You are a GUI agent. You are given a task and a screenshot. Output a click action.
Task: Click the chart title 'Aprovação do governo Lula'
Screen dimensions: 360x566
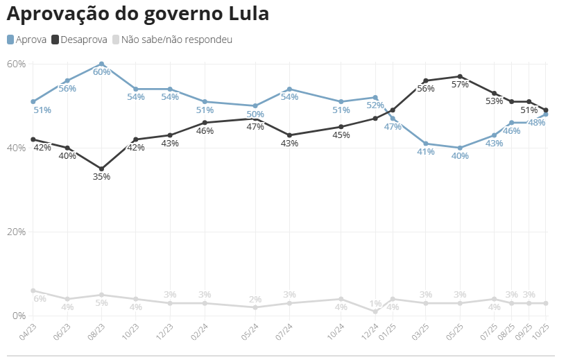137,14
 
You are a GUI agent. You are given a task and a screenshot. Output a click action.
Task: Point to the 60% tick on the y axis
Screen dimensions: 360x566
16,64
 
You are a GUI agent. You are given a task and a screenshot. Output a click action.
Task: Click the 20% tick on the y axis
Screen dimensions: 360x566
16,232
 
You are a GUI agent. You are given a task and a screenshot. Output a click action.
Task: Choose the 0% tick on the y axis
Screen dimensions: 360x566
18,316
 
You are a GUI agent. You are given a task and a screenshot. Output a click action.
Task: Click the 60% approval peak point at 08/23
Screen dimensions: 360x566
101,64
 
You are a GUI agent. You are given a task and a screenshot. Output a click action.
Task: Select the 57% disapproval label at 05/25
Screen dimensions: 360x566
460,85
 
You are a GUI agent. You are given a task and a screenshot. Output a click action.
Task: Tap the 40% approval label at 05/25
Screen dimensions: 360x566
460,155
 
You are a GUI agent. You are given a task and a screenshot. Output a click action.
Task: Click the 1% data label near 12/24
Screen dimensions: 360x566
375,303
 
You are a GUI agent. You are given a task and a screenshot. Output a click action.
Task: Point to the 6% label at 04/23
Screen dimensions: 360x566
40,299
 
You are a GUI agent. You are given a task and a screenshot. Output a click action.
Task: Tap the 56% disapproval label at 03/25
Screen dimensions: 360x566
426,89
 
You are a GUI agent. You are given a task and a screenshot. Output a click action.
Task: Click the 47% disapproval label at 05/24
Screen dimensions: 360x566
255,127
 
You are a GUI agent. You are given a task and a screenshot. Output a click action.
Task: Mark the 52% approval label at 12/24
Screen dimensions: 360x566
375,105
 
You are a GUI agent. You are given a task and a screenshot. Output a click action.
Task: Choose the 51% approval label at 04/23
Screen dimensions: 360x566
42,110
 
